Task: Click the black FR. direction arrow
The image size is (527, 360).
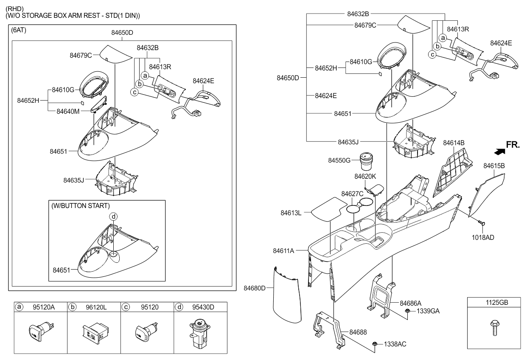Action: (x=500, y=152)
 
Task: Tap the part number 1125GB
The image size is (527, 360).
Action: (x=497, y=303)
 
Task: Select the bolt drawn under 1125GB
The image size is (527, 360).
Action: (x=495, y=327)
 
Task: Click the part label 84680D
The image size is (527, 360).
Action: (x=254, y=288)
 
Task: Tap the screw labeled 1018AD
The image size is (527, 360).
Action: (x=481, y=222)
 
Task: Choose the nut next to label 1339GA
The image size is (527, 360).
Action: (x=408, y=311)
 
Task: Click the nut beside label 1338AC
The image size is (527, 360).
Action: (x=375, y=344)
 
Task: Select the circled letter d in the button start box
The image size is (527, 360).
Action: (x=113, y=217)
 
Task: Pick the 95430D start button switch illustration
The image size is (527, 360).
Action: (x=200, y=333)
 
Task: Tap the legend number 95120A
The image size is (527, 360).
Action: (x=44, y=307)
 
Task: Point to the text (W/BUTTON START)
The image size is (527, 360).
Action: (x=81, y=206)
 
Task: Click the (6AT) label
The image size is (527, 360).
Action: (x=18, y=30)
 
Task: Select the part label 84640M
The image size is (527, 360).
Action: (x=68, y=111)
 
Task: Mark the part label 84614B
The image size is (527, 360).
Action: (x=454, y=143)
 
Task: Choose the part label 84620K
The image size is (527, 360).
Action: (x=365, y=176)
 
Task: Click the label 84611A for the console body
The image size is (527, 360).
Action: (x=283, y=251)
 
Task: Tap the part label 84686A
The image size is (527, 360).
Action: (x=411, y=303)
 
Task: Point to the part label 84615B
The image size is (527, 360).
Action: (x=494, y=166)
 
